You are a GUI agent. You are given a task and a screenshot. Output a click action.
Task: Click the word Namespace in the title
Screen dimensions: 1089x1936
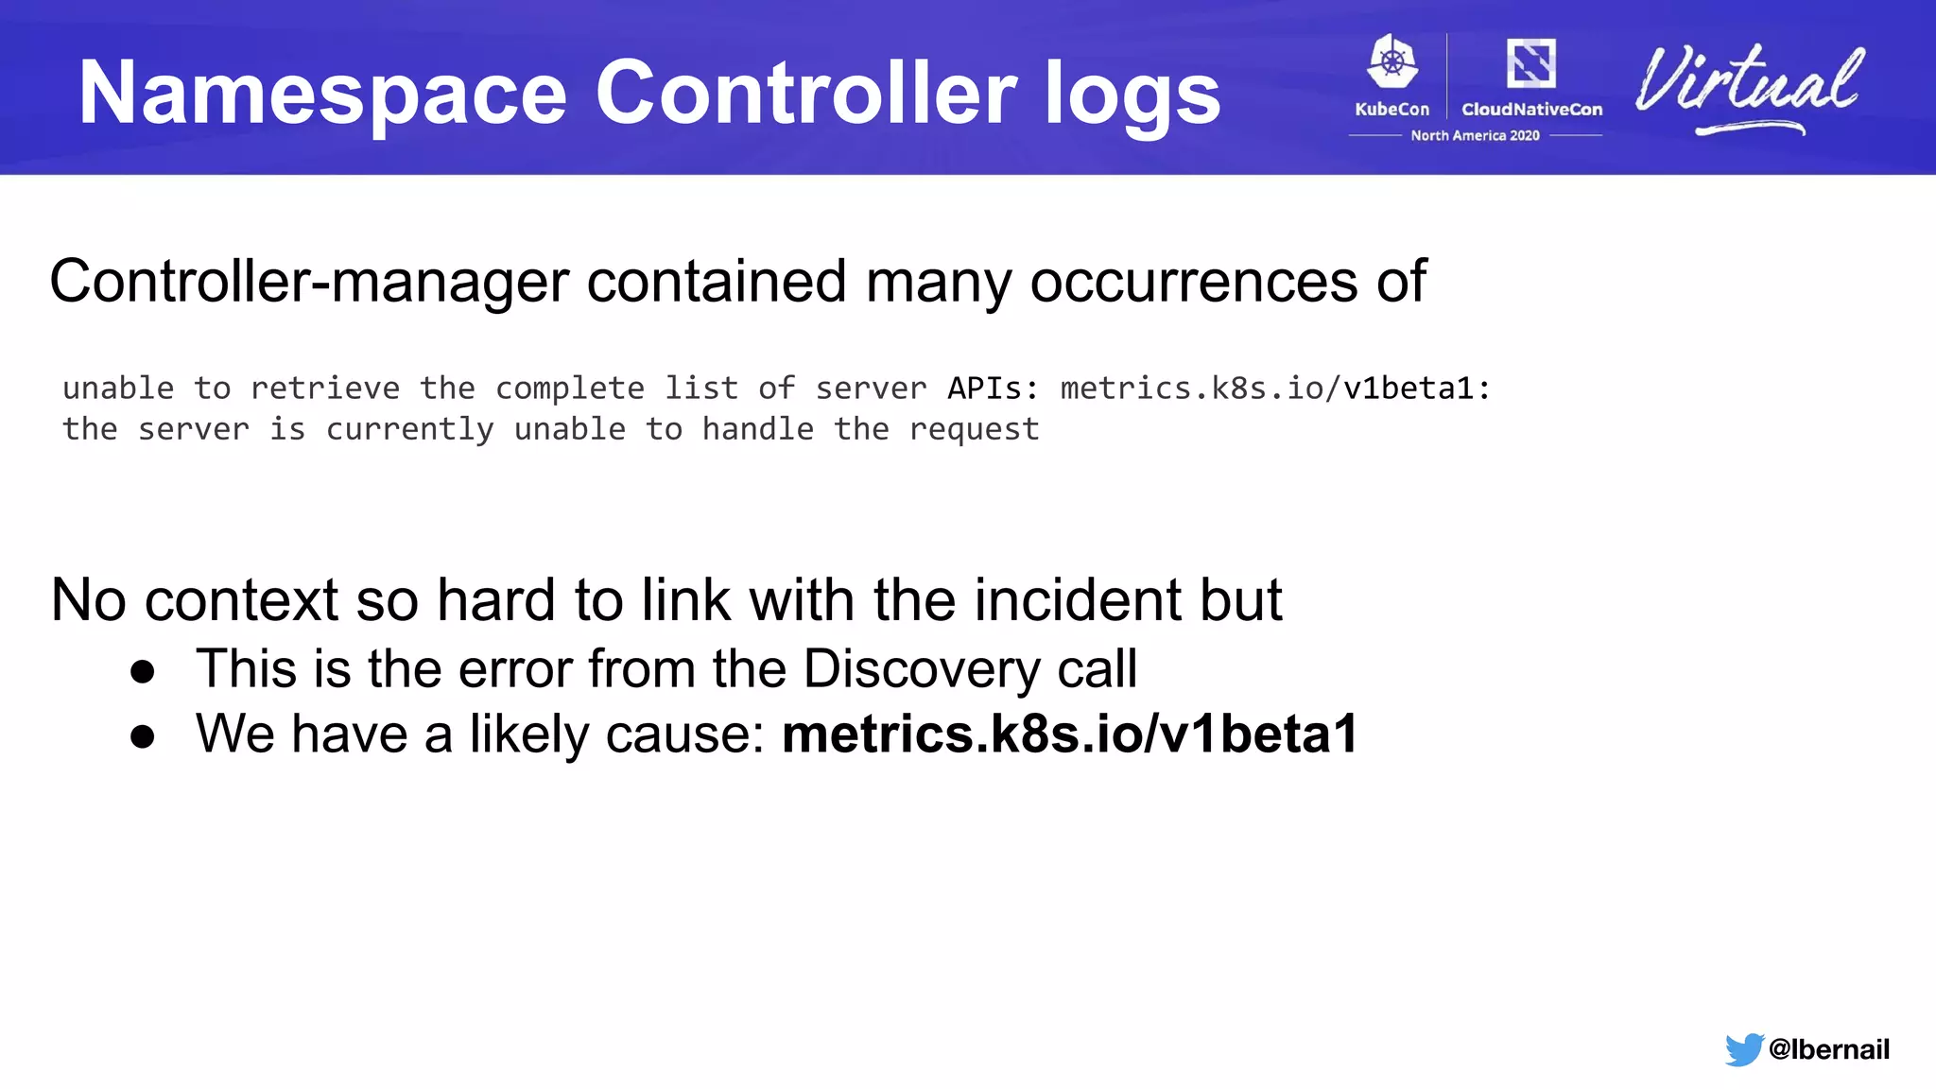click(322, 93)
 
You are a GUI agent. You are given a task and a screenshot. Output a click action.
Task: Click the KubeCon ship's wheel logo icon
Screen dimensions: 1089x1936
click(1392, 62)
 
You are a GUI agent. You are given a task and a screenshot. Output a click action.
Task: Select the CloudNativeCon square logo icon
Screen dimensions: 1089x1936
click(1531, 63)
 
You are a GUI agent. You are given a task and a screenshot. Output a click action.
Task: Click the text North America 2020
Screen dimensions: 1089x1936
click(1475, 136)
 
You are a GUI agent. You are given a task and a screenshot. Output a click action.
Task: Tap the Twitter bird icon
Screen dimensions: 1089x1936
click(1743, 1049)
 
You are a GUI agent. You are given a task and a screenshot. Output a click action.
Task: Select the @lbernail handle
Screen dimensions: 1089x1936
click(1828, 1049)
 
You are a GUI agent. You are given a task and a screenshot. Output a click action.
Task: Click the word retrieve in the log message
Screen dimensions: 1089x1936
click(325, 388)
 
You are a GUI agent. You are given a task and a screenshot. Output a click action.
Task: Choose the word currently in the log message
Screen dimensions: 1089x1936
click(409, 429)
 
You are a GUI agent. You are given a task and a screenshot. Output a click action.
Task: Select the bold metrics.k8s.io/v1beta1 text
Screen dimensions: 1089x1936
click(1070, 734)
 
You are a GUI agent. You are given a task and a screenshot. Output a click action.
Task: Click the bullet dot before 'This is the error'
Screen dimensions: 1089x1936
click(143, 671)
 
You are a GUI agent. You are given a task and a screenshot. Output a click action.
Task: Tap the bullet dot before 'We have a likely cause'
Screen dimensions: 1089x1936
click(143, 736)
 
